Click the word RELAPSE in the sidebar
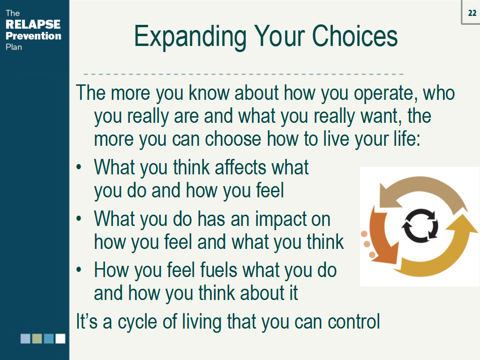33,25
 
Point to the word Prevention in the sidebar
33,36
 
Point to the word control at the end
354,322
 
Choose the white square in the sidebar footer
60,338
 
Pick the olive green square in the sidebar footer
37,338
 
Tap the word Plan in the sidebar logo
14,47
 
